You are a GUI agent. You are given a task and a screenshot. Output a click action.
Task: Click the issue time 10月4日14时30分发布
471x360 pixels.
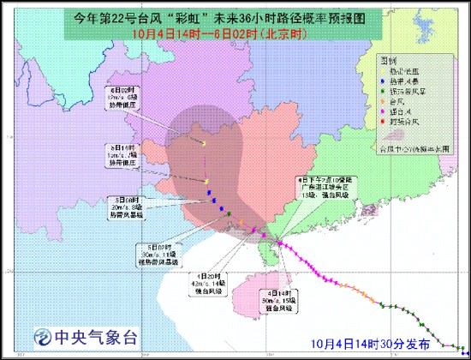pos(377,343)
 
